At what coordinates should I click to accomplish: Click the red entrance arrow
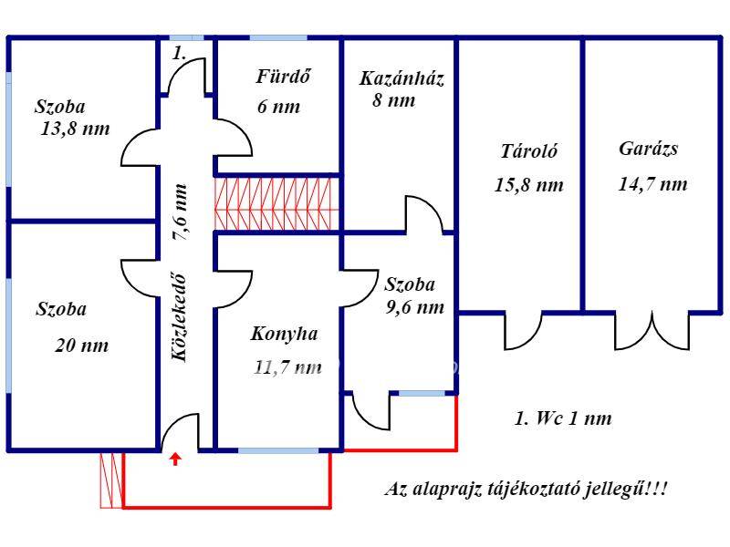[175, 459]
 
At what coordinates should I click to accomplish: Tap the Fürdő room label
[283, 77]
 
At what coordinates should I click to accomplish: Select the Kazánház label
[401, 78]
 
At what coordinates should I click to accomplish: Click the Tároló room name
[529, 151]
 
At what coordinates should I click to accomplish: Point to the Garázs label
[648, 149]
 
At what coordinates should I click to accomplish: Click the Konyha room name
[285, 334]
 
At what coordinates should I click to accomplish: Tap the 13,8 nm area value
[76, 129]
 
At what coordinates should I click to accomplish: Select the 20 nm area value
[82, 346]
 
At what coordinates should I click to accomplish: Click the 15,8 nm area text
[529, 185]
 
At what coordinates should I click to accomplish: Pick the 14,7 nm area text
[652, 184]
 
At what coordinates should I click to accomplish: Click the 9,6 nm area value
[415, 307]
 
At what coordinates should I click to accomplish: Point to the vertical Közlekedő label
[179, 317]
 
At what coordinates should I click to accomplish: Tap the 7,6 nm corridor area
[180, 212]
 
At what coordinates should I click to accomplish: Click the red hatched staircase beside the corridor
[276, 203]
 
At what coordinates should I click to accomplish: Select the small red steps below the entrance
[111, 480]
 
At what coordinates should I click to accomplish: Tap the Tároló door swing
[523, 332]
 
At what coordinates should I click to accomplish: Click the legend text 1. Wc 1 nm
[563, 418]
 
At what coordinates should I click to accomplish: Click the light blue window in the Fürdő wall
[278, 37]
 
